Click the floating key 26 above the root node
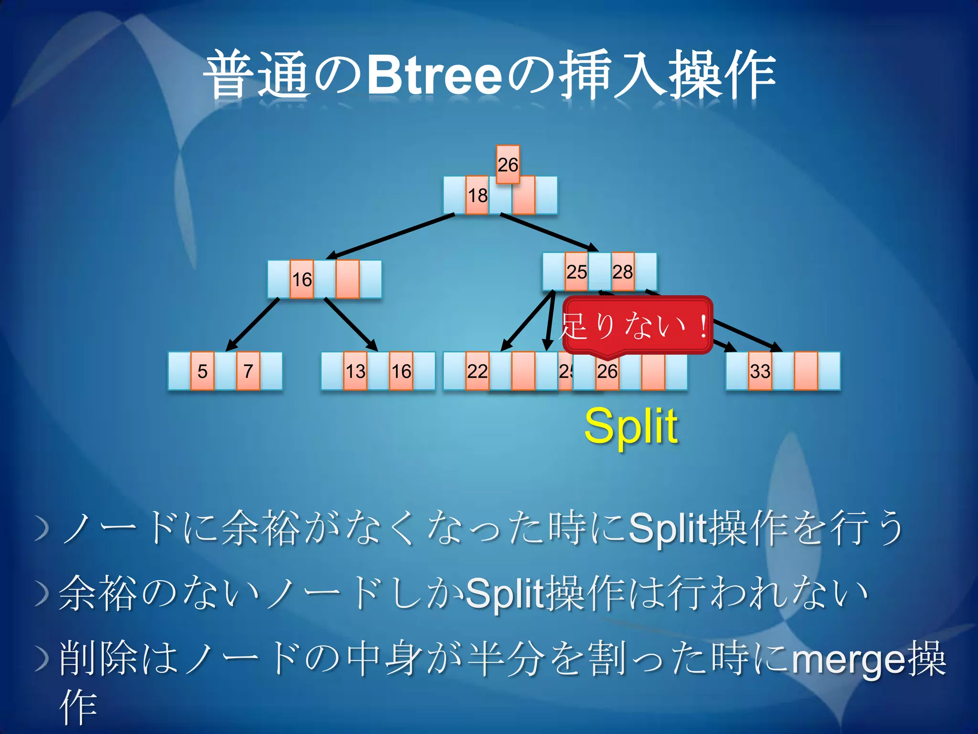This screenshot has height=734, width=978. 508,164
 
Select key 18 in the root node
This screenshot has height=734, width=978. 477,195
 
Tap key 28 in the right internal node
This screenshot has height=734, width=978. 623,272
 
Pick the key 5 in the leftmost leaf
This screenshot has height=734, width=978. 202,371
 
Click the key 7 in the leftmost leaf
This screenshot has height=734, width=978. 248,371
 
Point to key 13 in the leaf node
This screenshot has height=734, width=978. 355,371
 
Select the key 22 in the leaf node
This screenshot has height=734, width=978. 477,371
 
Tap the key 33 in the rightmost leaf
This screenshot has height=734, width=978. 760,371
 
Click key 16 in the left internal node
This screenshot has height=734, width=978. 302,280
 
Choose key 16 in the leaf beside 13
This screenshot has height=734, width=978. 401,371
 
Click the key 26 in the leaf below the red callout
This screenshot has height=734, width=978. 607,371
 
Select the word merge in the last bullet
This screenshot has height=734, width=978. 848,659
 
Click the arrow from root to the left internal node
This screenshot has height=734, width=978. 392,237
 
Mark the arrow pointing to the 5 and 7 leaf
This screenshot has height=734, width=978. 253,324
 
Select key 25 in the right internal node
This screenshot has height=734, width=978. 576,272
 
